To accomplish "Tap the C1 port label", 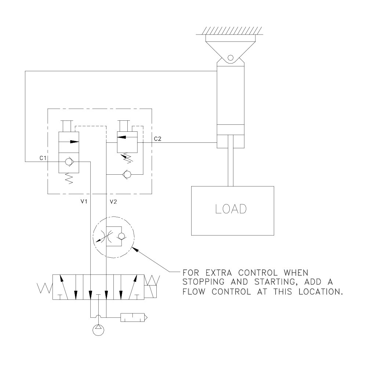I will click(x=43, y=158).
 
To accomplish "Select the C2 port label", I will click(x=157, y=139).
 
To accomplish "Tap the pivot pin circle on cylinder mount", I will click(x=230, y=58).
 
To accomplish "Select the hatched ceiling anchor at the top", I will click(x=230, y=31).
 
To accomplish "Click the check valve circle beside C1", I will click(x=68, y=161).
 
